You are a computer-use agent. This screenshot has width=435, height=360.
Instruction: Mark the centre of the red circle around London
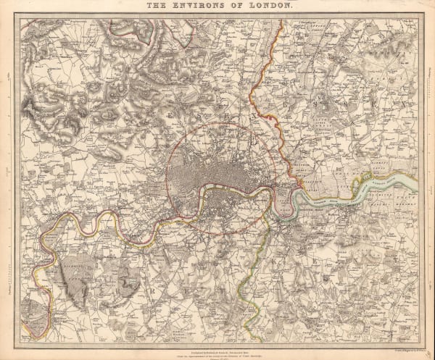click(x=220, y=177)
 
